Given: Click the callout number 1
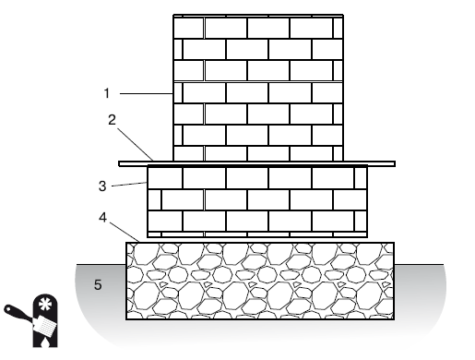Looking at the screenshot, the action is click(107, 93).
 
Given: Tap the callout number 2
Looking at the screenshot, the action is click(112, 120).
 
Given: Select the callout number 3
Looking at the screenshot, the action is click(102, 186).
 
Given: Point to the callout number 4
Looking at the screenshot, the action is click(103, 218).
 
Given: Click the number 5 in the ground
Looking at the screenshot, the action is click(98, 284).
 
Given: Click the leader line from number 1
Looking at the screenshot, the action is click(146, 93).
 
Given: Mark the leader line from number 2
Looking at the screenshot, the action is click(135, 144).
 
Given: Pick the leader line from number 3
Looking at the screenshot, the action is click(129, 185).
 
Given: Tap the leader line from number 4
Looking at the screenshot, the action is click(125, 232).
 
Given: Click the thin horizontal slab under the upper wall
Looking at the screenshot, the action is click(257, 163).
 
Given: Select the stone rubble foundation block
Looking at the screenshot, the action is click(260, 281).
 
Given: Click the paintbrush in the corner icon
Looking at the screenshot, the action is click(30, 319).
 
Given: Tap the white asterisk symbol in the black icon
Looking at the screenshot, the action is click(45, 304).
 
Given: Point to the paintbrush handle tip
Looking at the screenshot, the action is click(6, 307).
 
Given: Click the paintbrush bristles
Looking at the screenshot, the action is click(47, 326).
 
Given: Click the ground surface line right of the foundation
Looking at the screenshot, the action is click(419, 264).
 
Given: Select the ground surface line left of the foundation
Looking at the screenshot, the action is click(101, 264).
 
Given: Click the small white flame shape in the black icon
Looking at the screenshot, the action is click(45, 341).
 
